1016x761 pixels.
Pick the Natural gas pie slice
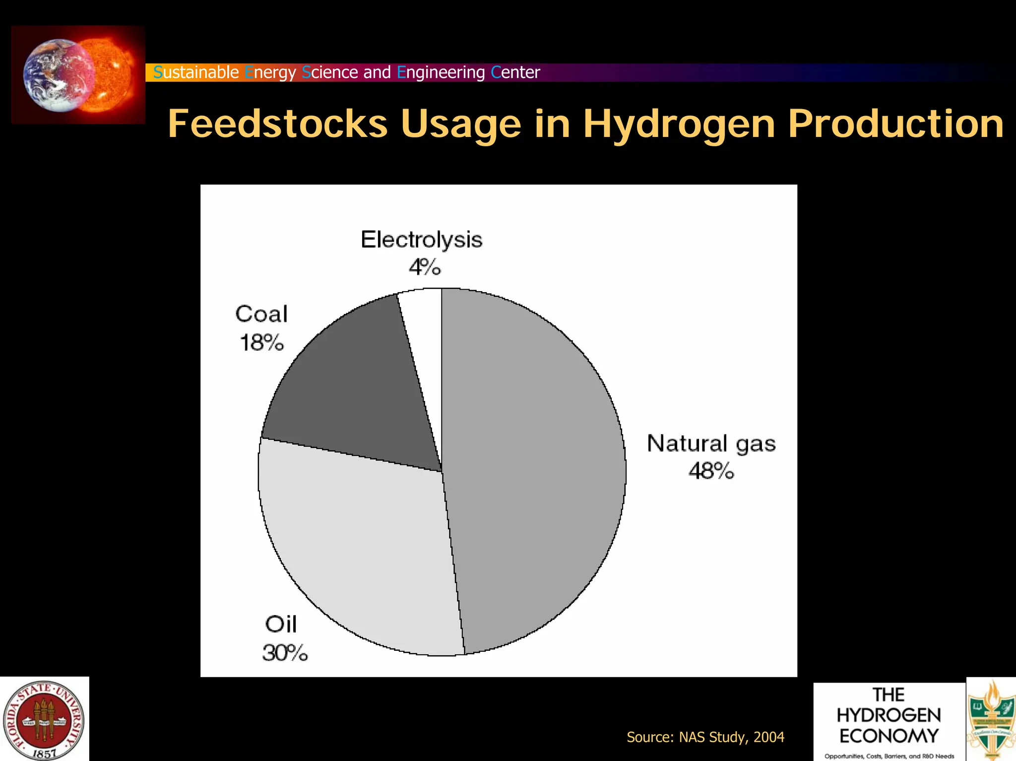pyautogui.click(x=536, y=471)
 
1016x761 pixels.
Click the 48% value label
pyautogui.click(x=711, y=470)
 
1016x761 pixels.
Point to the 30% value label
pyautogui.click(x=285, y=653)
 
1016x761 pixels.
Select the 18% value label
pyautogui.click(x=262, y=343)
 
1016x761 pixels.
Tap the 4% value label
pyautogui.click(x=425, y=267)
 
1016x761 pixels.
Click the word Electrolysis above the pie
pyautogui.click(x=421, y=240)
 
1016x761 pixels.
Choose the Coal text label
pyautogui.click(x=261, y=314)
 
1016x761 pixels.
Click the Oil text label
pyautogui.click(x=281, y=624)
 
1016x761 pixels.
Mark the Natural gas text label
pyautogui.click(x=711, y=443)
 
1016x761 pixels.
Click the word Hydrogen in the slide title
pyautogui.click(x=679, y=124)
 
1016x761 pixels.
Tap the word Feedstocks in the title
pyautogui.click(x=277, y=124)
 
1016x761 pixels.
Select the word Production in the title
pyautogui.click(x=896, y=124)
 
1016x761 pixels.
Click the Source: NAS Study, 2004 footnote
pyautogui.click(x=705, y=737)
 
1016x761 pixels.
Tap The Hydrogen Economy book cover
pyautogui.click(x=889, y=722)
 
